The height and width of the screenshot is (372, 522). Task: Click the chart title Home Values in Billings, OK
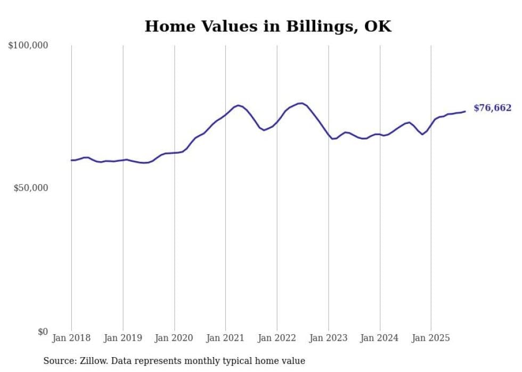(x=268, y=27)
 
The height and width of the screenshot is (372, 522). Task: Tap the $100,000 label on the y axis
(x=28, y=46)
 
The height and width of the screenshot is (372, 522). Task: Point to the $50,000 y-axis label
(x=30, y=188)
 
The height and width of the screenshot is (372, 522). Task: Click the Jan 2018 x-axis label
(x=71, y=338)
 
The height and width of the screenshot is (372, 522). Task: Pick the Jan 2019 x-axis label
(x=123, y=338)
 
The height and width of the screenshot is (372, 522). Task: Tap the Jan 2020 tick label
(x=174, y=338)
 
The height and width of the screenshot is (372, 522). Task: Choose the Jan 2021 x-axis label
(x=225, y=338)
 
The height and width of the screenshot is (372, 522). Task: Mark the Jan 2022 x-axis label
(x=277, y=338)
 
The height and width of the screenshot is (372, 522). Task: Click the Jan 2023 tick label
(x=328, y=338)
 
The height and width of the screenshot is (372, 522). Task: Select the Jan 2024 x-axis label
(x=380, y=338)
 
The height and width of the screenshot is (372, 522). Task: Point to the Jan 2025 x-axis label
(x=431, y=338)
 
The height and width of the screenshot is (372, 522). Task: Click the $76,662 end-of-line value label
(x=492, y=108)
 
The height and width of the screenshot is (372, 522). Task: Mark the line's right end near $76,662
(x=465, y=111)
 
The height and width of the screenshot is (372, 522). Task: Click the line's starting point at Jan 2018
(x=71, y=160)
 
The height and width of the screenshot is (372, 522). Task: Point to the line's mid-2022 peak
(x=301, y=103)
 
